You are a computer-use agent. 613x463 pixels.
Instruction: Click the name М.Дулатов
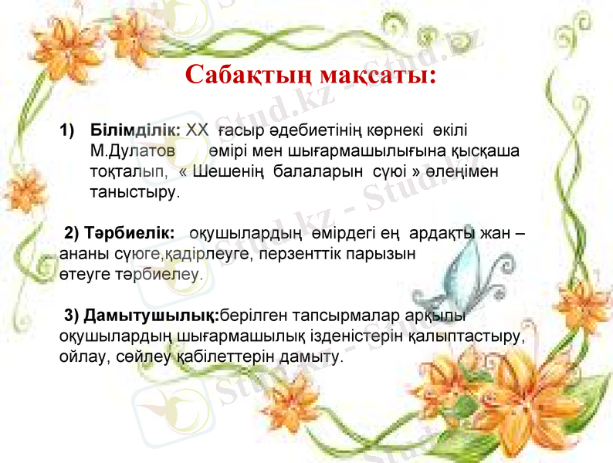(132, 149)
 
